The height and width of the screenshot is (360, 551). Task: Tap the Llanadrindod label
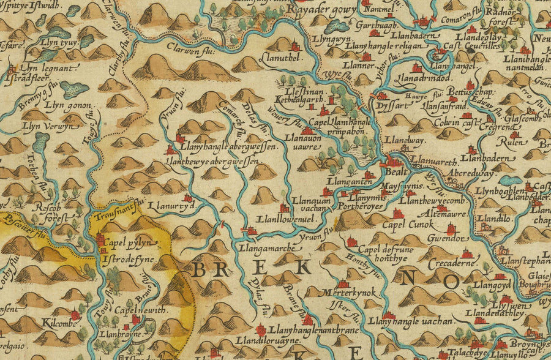point(426,78)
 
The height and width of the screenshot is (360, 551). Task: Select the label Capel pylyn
point(129,243)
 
